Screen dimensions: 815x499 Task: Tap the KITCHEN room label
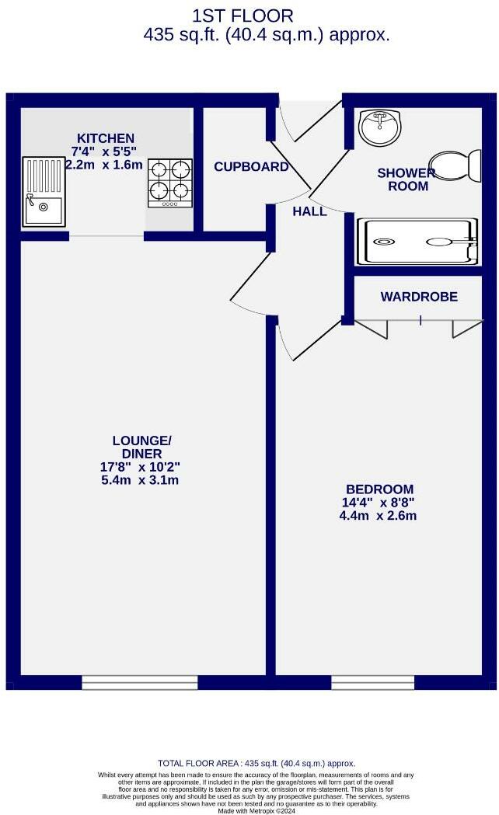click(104, 138)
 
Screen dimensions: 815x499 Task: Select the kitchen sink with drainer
click(44, 191)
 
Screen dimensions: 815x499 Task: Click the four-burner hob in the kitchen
click(169, 183)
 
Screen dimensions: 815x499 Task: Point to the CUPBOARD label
click(251, 167)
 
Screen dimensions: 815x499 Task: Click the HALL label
click(309, 211)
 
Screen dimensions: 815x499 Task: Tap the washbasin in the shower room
click(379, 127)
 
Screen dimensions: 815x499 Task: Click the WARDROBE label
click(419, 297)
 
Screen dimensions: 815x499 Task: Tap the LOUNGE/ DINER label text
click(141, 448)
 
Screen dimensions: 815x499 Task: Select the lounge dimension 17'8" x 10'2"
click(141, 467)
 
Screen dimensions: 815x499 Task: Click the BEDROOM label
click(379, 489)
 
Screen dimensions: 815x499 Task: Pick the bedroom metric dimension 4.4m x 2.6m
click(379, 515)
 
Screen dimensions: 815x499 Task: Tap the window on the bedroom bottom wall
click(372, 682)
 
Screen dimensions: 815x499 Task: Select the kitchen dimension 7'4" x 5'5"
click(103, 152)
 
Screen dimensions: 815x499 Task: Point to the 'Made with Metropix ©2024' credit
click(256, 810)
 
